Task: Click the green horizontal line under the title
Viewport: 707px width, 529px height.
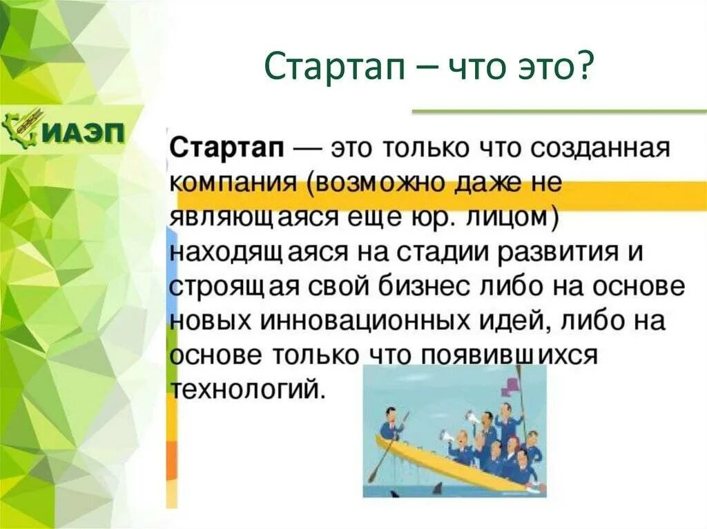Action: [559, 110]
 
